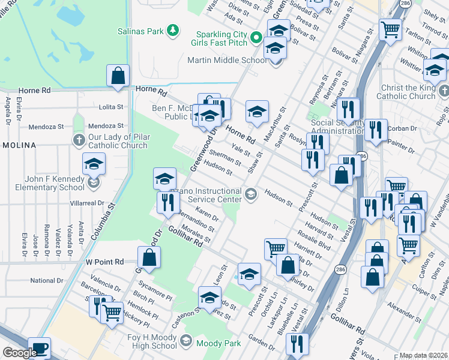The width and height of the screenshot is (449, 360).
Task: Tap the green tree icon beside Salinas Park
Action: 173,29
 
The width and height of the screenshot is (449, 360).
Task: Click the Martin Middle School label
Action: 227,60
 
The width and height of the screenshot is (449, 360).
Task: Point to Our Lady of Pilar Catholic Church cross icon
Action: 79,140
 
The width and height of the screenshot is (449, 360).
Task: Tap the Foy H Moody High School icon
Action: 186,341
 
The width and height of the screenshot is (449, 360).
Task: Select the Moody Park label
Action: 220,344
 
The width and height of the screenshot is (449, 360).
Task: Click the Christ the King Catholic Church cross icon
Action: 444,92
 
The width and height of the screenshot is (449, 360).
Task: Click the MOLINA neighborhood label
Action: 18,145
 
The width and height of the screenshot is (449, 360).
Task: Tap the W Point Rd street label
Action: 104,262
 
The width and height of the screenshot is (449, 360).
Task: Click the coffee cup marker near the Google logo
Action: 40,348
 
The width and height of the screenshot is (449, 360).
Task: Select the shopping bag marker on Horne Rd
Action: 118,76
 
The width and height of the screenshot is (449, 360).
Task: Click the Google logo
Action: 19,353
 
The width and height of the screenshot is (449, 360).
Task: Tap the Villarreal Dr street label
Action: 86,203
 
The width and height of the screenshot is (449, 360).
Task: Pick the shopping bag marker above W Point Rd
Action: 149,258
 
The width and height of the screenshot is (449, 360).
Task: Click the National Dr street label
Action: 47,280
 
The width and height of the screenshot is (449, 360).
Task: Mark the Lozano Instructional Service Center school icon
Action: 251,194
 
